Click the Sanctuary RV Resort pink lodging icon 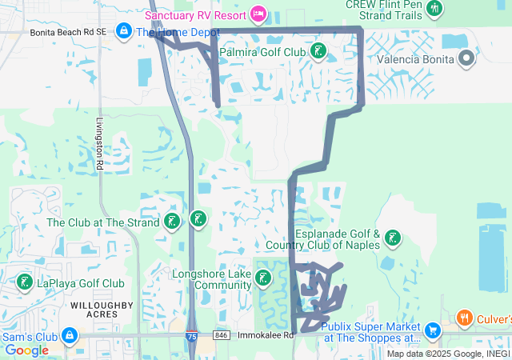click(x=258, y=14)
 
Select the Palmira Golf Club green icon click(x=318, y=52)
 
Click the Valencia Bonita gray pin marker click(x=467, y=58)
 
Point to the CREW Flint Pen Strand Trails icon click(x=434, y=9)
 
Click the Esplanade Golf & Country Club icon click(x=392, y=238)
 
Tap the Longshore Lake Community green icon click(x=262, y=279)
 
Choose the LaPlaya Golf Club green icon click(x=25, y=282)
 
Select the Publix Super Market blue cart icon click(x=433, y=330)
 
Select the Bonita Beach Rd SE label click(x=68, y=33)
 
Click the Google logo click(x=26, y=350)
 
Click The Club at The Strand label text click(x=103, y=222)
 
